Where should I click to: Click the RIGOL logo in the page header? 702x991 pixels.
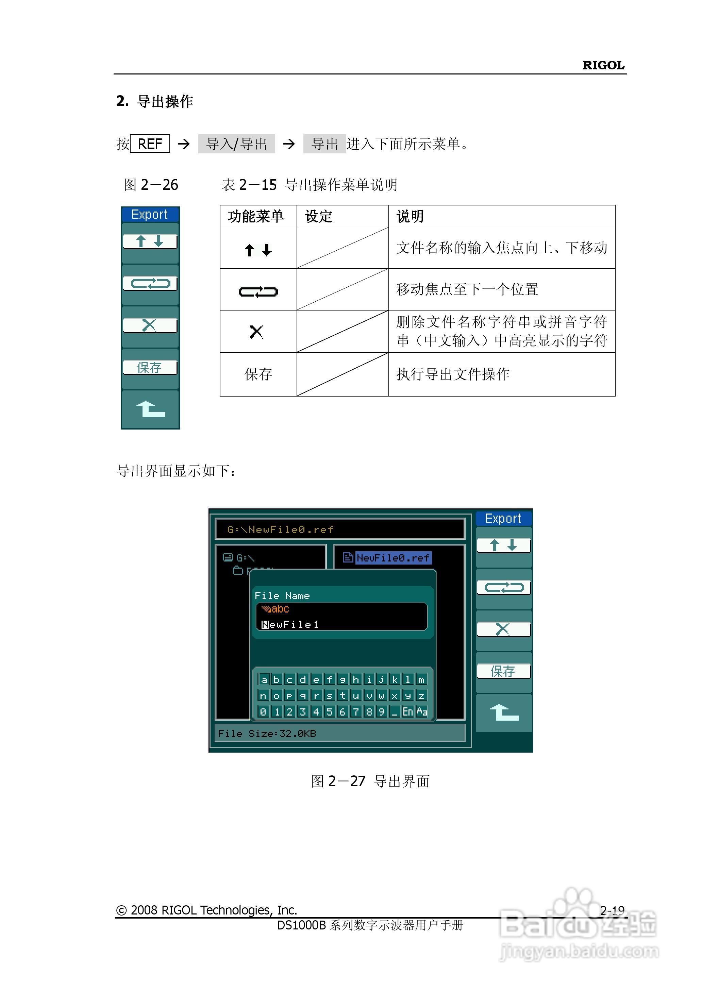[603, 65]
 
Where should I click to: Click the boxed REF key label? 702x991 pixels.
[150, 144]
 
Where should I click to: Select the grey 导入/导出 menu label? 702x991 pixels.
[236, 144]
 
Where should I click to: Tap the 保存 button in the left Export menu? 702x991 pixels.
[150, 367]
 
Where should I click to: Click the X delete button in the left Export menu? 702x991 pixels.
[150, 325]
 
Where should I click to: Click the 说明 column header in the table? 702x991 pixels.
[410, 216]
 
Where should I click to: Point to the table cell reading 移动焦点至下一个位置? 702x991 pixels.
[467, 289]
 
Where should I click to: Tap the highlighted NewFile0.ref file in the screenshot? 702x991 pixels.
[392, 558]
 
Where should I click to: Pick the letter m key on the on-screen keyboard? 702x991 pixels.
[421, 679]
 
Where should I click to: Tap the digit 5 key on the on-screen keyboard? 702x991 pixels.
[329, 711]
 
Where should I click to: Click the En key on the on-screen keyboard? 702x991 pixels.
[407, 711]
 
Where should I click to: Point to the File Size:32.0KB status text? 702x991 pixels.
[267, 734]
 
